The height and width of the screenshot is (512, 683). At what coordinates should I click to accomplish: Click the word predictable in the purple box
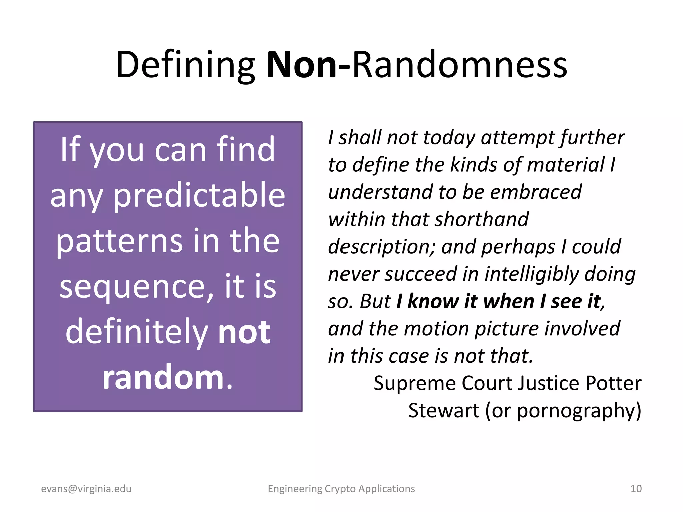[x=199, y=196]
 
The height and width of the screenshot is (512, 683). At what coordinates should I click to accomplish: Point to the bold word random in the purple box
[x=163, y=377]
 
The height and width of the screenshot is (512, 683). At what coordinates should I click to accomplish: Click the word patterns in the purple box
[x=119, y=241]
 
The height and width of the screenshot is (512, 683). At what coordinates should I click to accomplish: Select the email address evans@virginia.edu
[x=86, y=489]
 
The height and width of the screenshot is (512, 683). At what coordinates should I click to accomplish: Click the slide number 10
[x=636, y=489]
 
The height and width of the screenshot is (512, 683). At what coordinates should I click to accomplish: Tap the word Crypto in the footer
[x=340, y=489]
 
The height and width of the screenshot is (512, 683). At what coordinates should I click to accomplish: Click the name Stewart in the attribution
[x=444, y=410]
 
